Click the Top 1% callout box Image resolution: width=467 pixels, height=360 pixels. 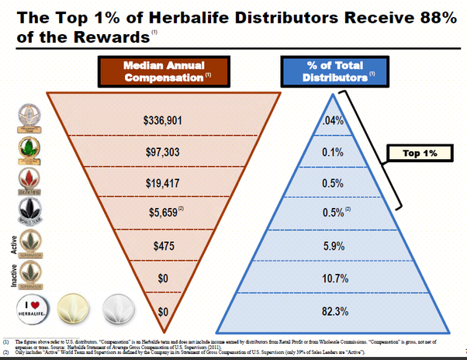(x=420, y=154)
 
